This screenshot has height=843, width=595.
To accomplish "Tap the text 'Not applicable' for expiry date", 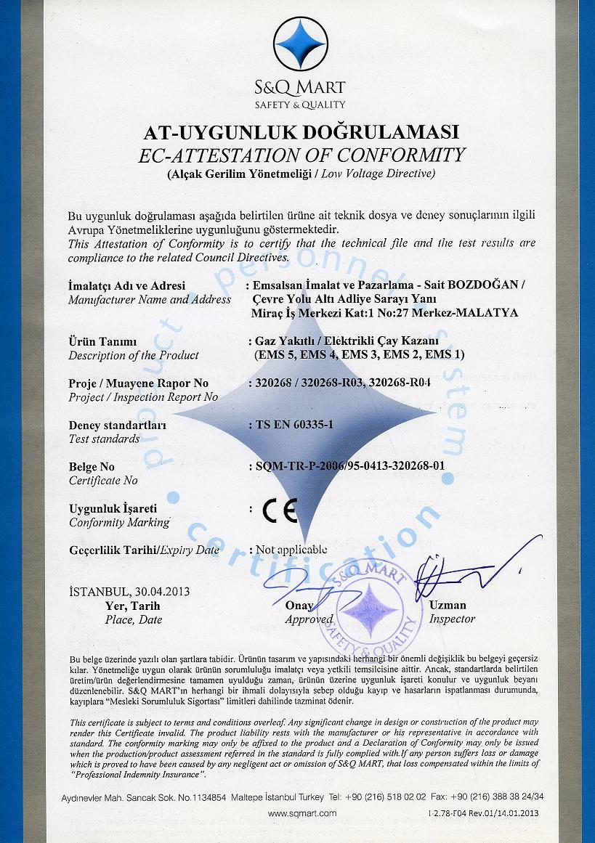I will click(291, 550).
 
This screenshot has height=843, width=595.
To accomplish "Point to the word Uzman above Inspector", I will click(448, 605).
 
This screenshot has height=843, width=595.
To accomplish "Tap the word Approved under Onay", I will click(308, 619).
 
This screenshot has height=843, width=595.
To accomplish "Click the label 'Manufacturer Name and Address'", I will click(150, 298).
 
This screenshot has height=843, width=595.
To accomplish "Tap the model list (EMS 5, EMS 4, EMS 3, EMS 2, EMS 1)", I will click(360, 355).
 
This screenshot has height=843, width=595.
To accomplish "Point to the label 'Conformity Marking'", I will click(118, 522).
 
